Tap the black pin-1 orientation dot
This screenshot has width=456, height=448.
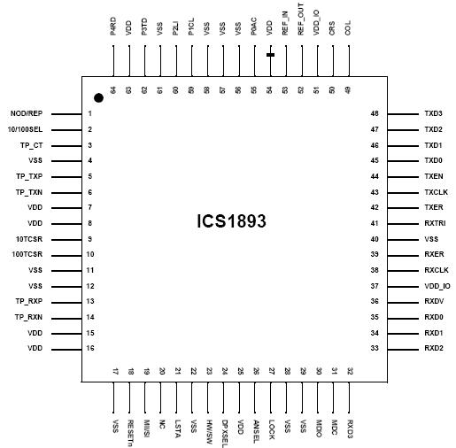point(99,97)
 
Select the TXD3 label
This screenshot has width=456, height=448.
point(433,114)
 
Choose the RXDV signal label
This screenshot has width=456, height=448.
point(434,302)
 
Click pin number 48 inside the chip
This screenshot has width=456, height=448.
point(375,114)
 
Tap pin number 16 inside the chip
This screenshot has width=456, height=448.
point(90,349)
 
